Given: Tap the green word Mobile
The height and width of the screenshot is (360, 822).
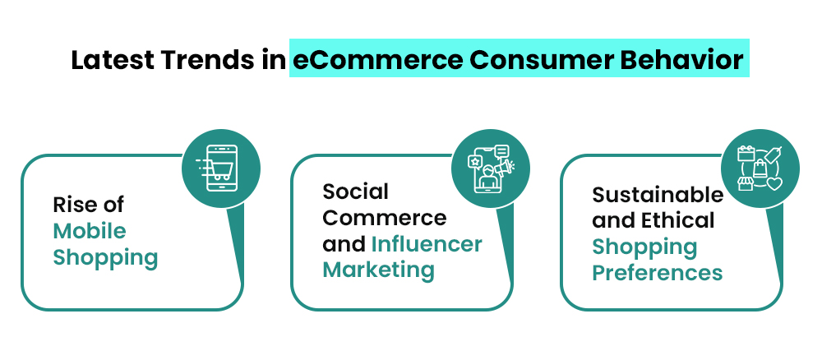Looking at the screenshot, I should tap(90, 230).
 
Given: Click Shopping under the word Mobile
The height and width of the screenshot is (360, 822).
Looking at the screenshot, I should tap(105, 257).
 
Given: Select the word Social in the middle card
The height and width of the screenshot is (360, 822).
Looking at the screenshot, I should tap(356, 191).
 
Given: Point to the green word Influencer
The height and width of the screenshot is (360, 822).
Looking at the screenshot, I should tap(427, 244).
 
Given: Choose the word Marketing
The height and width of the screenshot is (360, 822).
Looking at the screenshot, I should tap(378, 270).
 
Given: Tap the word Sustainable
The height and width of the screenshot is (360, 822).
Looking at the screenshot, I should tap(658, 194).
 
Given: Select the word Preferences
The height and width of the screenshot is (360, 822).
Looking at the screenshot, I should tap(658, 272).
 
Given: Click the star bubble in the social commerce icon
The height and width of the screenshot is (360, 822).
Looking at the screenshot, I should tap(474, 161).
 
